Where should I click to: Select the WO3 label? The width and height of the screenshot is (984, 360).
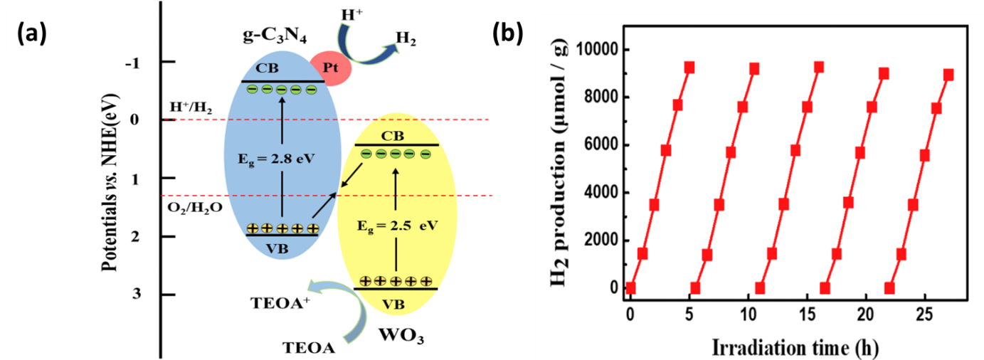401,336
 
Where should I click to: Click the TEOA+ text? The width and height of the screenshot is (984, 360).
280,303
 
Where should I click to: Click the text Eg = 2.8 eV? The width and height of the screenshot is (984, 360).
276,159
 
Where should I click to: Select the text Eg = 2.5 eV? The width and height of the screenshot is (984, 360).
397,226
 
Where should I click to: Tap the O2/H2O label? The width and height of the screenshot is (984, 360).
195,207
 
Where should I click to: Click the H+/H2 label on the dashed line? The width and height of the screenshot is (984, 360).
191,107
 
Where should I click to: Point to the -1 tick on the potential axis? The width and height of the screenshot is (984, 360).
132,64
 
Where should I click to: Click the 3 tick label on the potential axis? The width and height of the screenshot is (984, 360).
137,293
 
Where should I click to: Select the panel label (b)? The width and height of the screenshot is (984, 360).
507,33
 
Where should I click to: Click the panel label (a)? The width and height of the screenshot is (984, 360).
31,33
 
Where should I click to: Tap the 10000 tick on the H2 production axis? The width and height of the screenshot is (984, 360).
596,48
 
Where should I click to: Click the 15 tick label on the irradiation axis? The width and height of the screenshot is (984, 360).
808,314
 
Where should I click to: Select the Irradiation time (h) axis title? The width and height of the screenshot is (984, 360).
795,348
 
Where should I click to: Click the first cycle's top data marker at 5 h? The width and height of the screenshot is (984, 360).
689,67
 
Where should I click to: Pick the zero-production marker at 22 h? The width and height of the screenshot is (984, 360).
889,288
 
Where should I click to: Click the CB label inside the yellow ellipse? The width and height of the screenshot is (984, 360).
392,136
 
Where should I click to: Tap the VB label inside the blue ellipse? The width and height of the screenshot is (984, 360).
277,248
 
